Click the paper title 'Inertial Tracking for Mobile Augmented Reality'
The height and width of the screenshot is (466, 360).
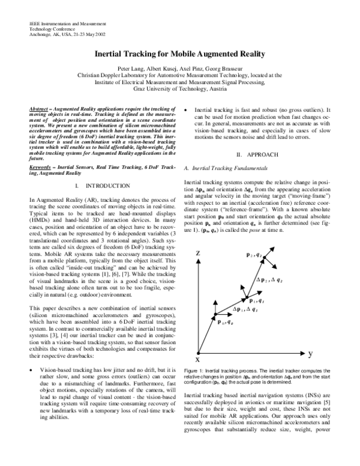tap(179, 54)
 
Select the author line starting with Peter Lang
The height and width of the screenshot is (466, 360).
tap(179, 69)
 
